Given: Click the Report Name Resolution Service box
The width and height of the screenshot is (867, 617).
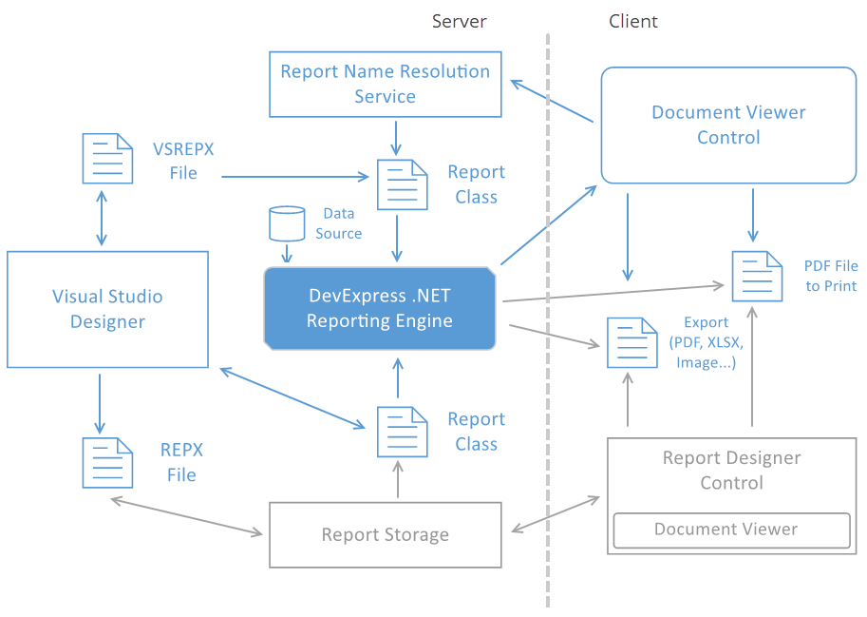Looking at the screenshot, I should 385,84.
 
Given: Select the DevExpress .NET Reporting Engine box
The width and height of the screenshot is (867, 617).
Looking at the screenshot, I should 380,308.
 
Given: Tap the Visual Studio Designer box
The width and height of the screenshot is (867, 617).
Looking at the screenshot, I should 107,309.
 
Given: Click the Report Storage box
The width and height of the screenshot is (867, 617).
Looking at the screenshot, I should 385,534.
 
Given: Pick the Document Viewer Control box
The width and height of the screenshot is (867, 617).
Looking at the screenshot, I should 728,125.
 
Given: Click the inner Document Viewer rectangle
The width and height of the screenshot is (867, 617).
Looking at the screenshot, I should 731,530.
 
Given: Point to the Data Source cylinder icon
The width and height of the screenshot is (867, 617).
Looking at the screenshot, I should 287,223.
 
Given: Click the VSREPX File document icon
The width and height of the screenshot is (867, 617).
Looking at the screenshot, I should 106,158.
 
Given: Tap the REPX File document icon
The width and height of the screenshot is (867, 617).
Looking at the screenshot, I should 106,462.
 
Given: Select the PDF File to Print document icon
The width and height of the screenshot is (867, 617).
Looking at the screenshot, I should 757,276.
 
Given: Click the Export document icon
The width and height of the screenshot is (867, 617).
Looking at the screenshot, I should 631,342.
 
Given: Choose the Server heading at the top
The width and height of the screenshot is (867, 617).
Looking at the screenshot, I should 459,21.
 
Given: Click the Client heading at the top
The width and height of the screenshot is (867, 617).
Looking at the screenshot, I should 633,21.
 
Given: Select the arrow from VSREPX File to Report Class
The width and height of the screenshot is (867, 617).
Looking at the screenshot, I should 294,176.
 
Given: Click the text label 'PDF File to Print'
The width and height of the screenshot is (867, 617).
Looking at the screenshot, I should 830,277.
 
